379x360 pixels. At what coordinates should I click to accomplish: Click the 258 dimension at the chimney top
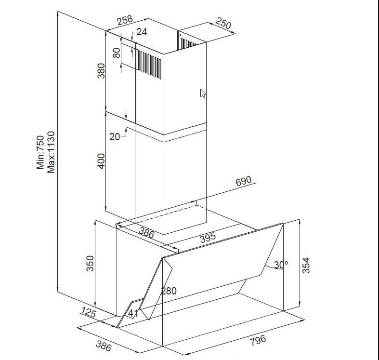click(125, 20)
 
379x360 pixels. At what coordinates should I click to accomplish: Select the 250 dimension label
click(223, 23)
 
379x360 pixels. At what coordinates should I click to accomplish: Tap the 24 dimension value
click(142, 32)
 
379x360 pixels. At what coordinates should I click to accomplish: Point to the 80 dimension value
click(117, 53)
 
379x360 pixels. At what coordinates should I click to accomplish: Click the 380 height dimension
click(101, 71)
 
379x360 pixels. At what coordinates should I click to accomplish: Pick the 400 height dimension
click(101, 161)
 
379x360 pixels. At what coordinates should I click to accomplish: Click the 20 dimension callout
click(115, 137)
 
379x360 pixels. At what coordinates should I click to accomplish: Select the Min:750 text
click(40, 152)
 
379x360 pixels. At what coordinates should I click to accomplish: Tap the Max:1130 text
click(51, 152)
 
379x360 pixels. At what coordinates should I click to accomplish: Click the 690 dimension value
click(244, 181)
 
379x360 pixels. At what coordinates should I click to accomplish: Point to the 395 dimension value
click(208, 238)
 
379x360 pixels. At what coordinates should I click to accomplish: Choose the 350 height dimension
click(90, 264)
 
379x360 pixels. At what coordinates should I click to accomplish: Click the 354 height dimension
click(306, 266)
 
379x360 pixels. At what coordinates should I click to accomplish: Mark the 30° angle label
click(281, 265)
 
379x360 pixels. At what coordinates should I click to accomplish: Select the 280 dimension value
click(169, 291)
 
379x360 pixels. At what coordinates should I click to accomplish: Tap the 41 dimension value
click(133, 313)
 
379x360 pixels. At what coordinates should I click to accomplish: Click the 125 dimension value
click(88, 312)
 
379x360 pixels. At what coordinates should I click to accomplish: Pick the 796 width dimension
click(258, 340)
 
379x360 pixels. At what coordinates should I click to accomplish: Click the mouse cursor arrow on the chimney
click(203, 93)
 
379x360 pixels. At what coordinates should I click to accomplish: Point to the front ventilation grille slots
click(149, 65)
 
